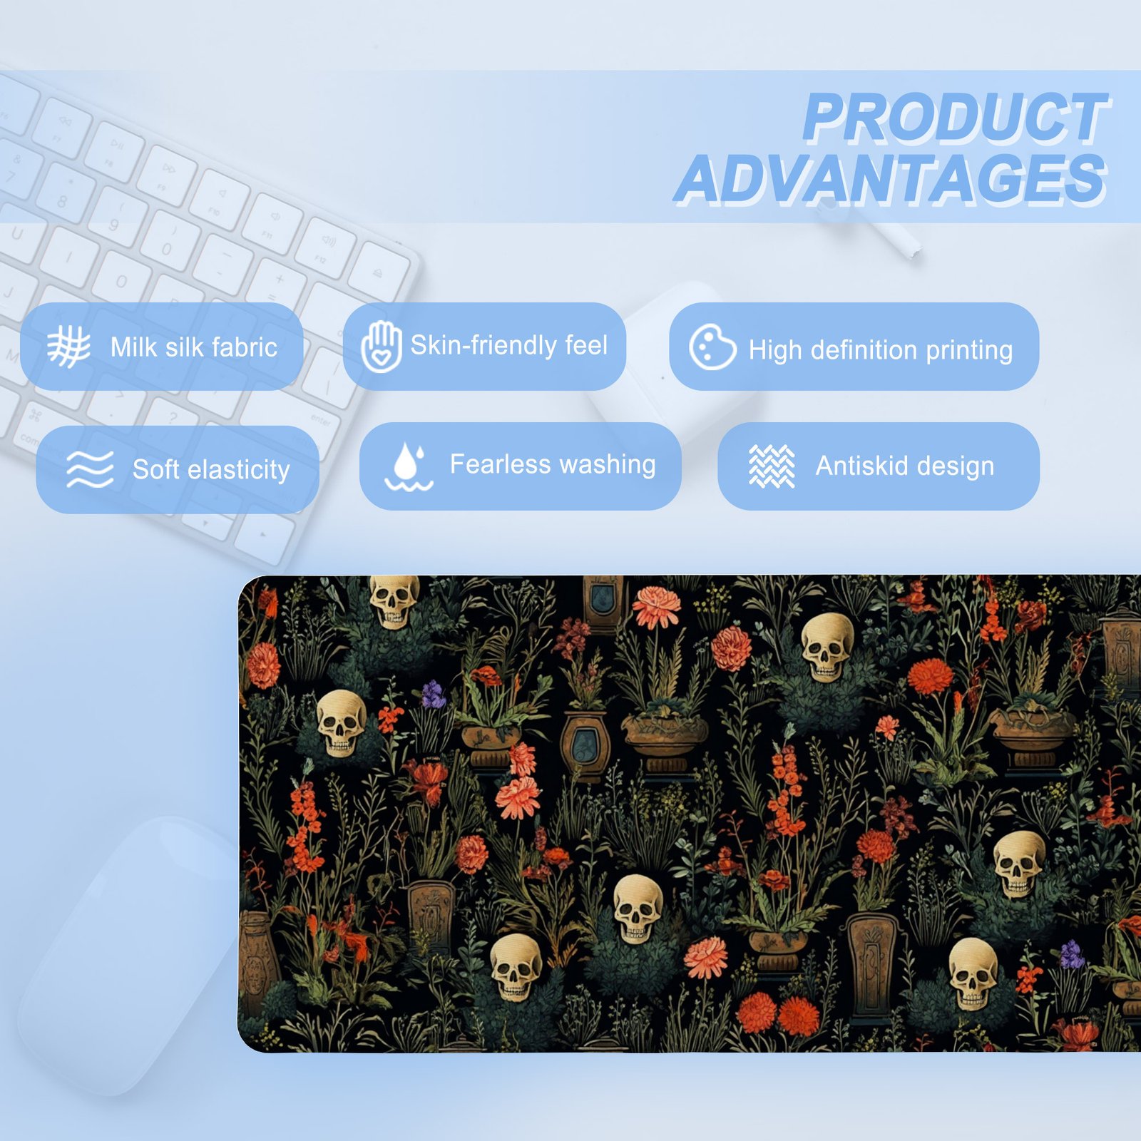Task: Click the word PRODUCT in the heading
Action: click(x=956, y=118)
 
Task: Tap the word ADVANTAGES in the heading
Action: click(x=891, y=179)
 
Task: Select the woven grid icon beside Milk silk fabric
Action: click(x=68, y=347)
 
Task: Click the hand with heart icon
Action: click(x=381, y=347)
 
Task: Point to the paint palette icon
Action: click(x=712, y=347)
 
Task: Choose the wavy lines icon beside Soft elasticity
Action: click(x=90, y=469)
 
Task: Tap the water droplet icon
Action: click(x=409, y=466)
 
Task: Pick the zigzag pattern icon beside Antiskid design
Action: click(x=772, y=466)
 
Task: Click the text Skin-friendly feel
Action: click(x=509, y=345)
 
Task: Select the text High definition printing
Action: click(x=881, y=350)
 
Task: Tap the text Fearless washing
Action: click(x=553, y=464)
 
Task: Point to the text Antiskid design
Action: click(x=905, y=466)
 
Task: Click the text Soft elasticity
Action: click(x=211, y=469)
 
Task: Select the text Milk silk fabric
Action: click(x=194, y=347)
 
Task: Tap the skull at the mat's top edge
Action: click(x=394, y=600)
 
